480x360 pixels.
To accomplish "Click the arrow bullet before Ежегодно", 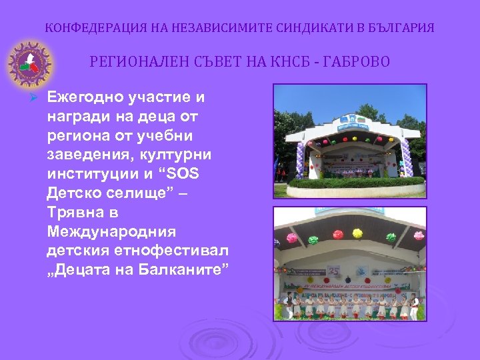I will pos(39,97).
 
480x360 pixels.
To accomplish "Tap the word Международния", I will pos(111,233).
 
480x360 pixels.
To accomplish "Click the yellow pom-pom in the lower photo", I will pos(357,233).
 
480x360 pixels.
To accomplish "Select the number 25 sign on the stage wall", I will pos(334,271).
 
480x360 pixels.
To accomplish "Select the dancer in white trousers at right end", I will pos(414,308).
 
